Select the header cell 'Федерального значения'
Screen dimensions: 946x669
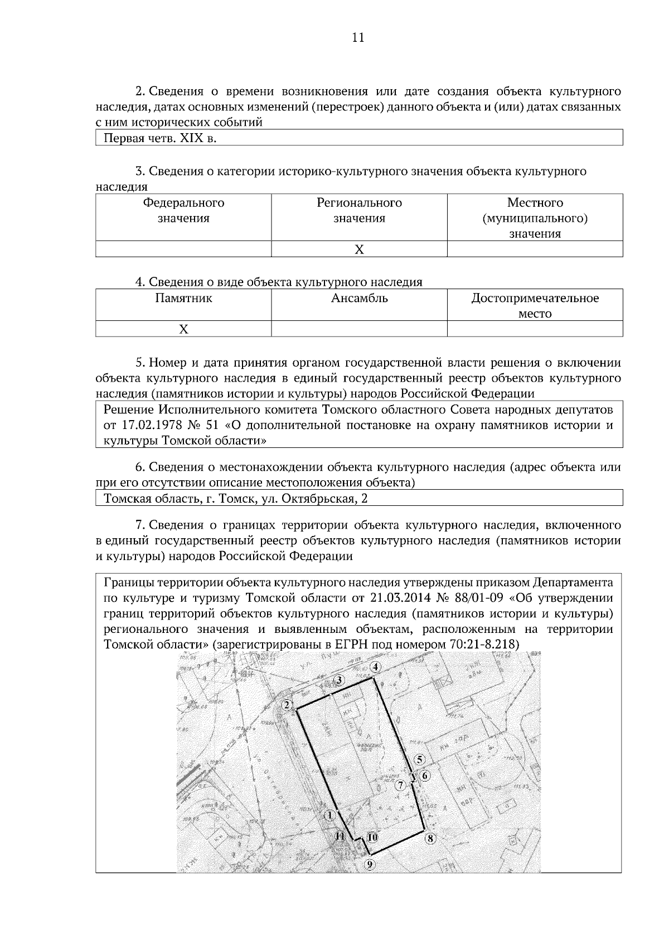point(183,211)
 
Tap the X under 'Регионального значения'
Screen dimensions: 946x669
point(360,249)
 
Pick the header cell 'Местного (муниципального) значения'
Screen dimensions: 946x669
point(535,218)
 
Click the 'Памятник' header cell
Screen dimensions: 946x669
point(183,298)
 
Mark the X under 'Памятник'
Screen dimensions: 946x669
point(183,329)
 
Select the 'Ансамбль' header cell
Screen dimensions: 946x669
point(360,298)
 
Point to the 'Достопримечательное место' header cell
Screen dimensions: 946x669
point(535,305)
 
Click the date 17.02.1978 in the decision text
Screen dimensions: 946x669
point(150,426)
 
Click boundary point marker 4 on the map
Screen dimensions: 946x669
point(376,667)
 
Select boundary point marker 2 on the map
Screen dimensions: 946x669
point(287,705)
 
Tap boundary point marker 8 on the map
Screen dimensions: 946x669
point(430,838)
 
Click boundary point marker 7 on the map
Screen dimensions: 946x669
point(400,786)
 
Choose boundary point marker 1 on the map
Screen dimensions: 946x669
point(329,815)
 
